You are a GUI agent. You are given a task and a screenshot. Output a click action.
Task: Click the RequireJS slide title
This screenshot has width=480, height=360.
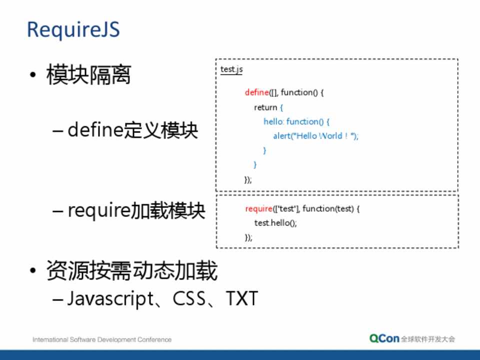click(x=73, y=29)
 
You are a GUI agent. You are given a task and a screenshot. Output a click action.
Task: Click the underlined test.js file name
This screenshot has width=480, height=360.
click(x=231, y=69)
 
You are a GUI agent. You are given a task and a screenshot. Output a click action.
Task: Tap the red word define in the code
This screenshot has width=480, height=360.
click(x=257, y=92)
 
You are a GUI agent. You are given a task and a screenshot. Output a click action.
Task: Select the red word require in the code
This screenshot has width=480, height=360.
click(x=258, y=209)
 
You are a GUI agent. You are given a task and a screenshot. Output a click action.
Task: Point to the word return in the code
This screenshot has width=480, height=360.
click(x=265, y=107)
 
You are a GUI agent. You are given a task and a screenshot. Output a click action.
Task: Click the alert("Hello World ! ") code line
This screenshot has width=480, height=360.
click(x=315, y=136)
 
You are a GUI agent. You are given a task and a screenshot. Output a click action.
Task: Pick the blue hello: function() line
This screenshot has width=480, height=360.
click(x=296, y=121)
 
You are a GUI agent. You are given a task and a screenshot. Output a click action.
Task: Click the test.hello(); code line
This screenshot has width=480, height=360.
click(x=275, y=223)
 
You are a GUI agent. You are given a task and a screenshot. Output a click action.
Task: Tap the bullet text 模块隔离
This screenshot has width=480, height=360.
click(x=88, y=74)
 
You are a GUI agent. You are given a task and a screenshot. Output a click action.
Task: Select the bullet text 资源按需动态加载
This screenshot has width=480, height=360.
click(x=132, y=270)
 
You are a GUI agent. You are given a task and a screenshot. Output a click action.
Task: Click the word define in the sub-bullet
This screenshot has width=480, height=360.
click(x=95, y=130)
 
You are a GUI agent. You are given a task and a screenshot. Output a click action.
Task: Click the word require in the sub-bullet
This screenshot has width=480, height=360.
click(x=98, y=210)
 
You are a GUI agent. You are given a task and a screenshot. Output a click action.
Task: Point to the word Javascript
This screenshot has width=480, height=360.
click(x=110, y=298)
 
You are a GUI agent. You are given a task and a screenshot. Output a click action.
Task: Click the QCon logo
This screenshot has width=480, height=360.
click(x=384, y=338)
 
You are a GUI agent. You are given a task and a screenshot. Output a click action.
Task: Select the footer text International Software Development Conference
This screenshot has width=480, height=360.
click(x=102, y=339)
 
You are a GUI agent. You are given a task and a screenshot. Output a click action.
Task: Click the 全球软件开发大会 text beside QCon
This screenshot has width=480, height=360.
click(x=428, y=339)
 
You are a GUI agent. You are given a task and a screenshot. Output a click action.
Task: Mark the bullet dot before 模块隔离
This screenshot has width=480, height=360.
click(x=33, y=74)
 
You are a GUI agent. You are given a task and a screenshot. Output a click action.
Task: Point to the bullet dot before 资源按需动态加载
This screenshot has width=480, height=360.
click(x=33, y=270)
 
